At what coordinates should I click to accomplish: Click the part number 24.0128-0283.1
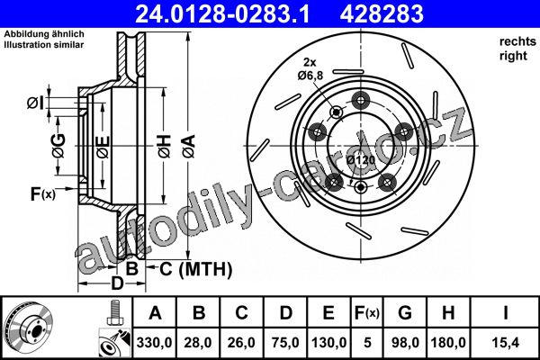222,14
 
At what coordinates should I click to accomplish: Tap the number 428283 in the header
382,14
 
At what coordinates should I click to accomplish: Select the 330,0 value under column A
154,343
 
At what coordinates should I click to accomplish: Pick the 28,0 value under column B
198,343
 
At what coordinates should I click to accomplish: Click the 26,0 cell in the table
241,343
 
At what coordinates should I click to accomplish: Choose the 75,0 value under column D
285,343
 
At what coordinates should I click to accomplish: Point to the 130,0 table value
328,343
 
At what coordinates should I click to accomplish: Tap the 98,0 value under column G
405,343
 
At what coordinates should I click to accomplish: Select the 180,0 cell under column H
448,343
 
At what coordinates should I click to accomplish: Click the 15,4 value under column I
506,343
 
